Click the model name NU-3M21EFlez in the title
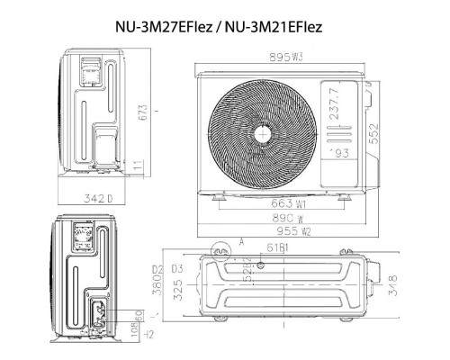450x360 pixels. coord(274,28)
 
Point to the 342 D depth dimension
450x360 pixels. coord(93,198)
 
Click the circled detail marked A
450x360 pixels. coord(217,247)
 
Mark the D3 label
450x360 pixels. coord(178,269)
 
